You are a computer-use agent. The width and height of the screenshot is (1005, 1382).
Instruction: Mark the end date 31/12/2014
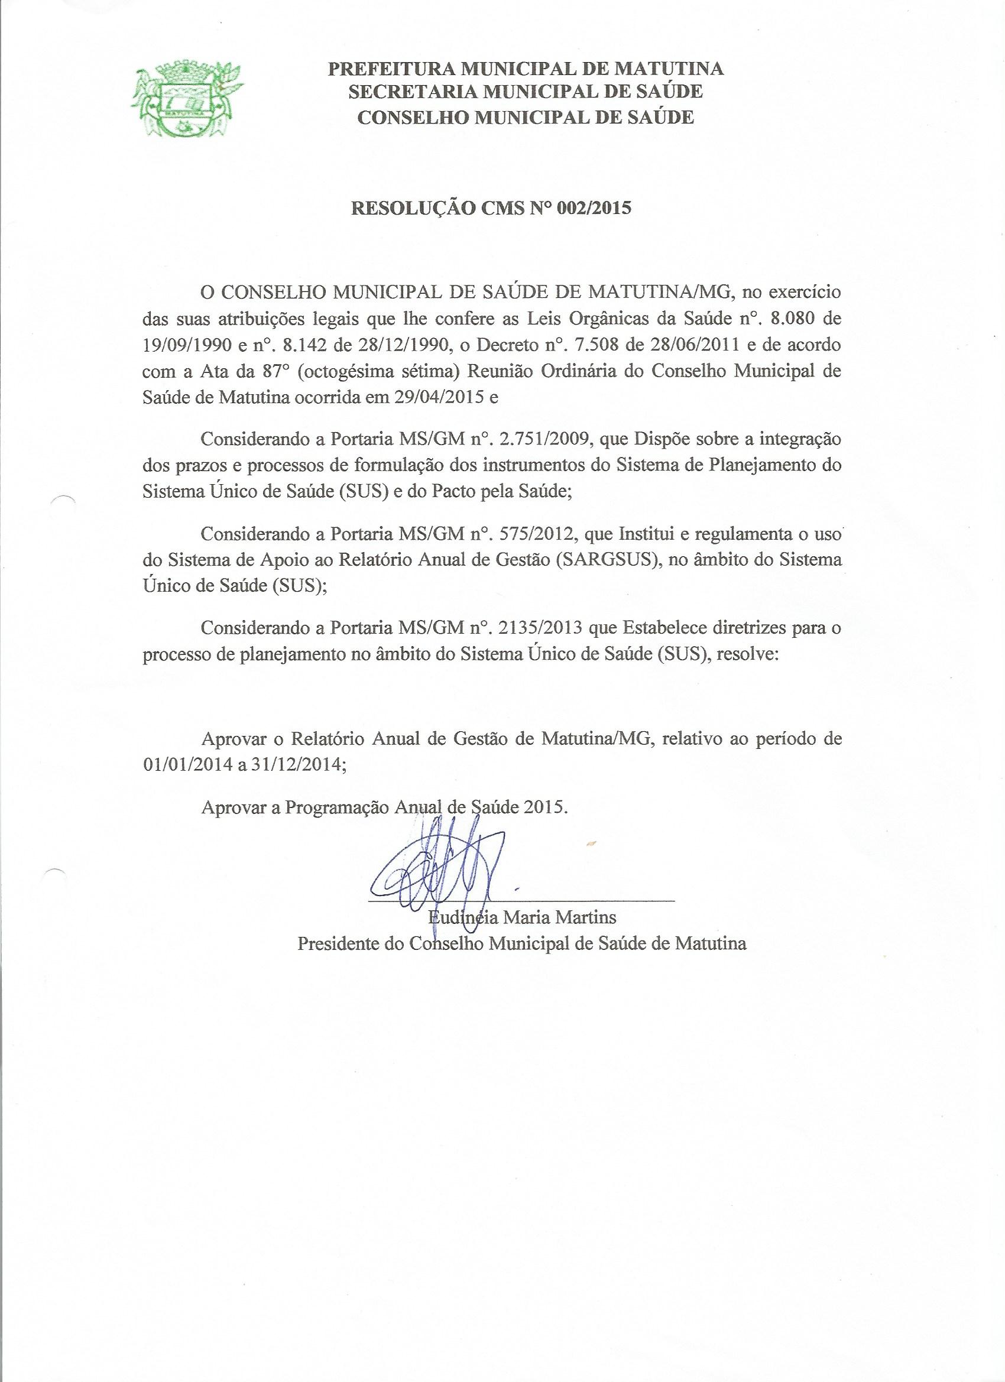pos(297,767)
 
